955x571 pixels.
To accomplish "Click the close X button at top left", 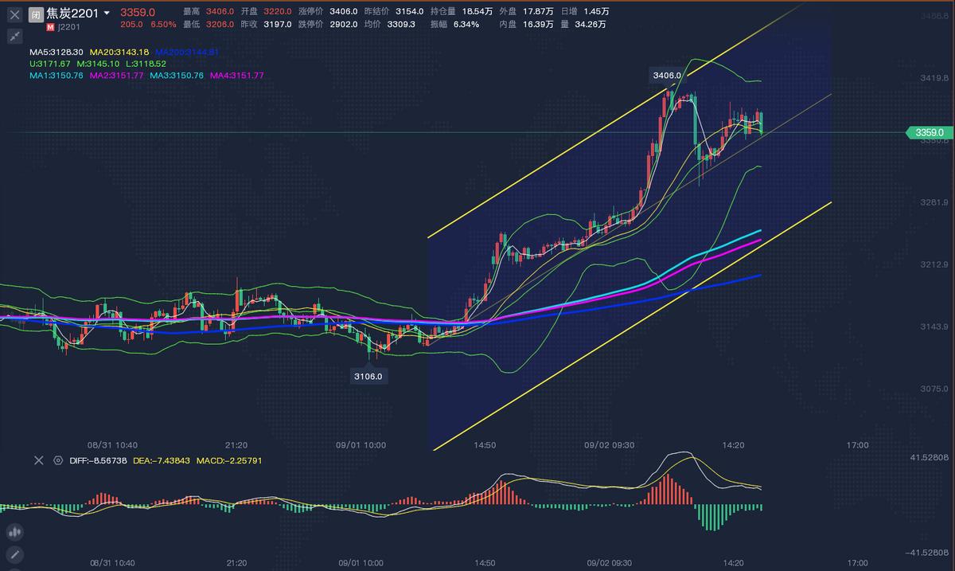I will (x=14, y=14).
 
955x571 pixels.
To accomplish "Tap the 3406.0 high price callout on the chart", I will (x=667, y=76).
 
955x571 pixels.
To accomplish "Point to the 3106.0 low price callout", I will (x=368, y=376).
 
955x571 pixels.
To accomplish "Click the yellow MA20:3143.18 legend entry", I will (x=119, y=52).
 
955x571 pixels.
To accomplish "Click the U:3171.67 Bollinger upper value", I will (x=50, y=64).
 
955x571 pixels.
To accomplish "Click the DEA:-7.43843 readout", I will (x=161, y=460).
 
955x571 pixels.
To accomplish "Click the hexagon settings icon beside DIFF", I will (x=58, y=460).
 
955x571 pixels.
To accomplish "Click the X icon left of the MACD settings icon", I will (x=37, y=460).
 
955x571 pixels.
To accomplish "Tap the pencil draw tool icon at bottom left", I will (x=14, y=554).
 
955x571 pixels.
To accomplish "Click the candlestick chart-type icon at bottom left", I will (x=14, y=532).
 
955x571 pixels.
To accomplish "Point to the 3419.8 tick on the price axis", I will (x=933, y=78).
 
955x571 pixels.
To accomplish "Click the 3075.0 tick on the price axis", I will (x=933, y=389).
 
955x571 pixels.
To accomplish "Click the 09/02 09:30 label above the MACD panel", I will (x=610, y=445).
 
